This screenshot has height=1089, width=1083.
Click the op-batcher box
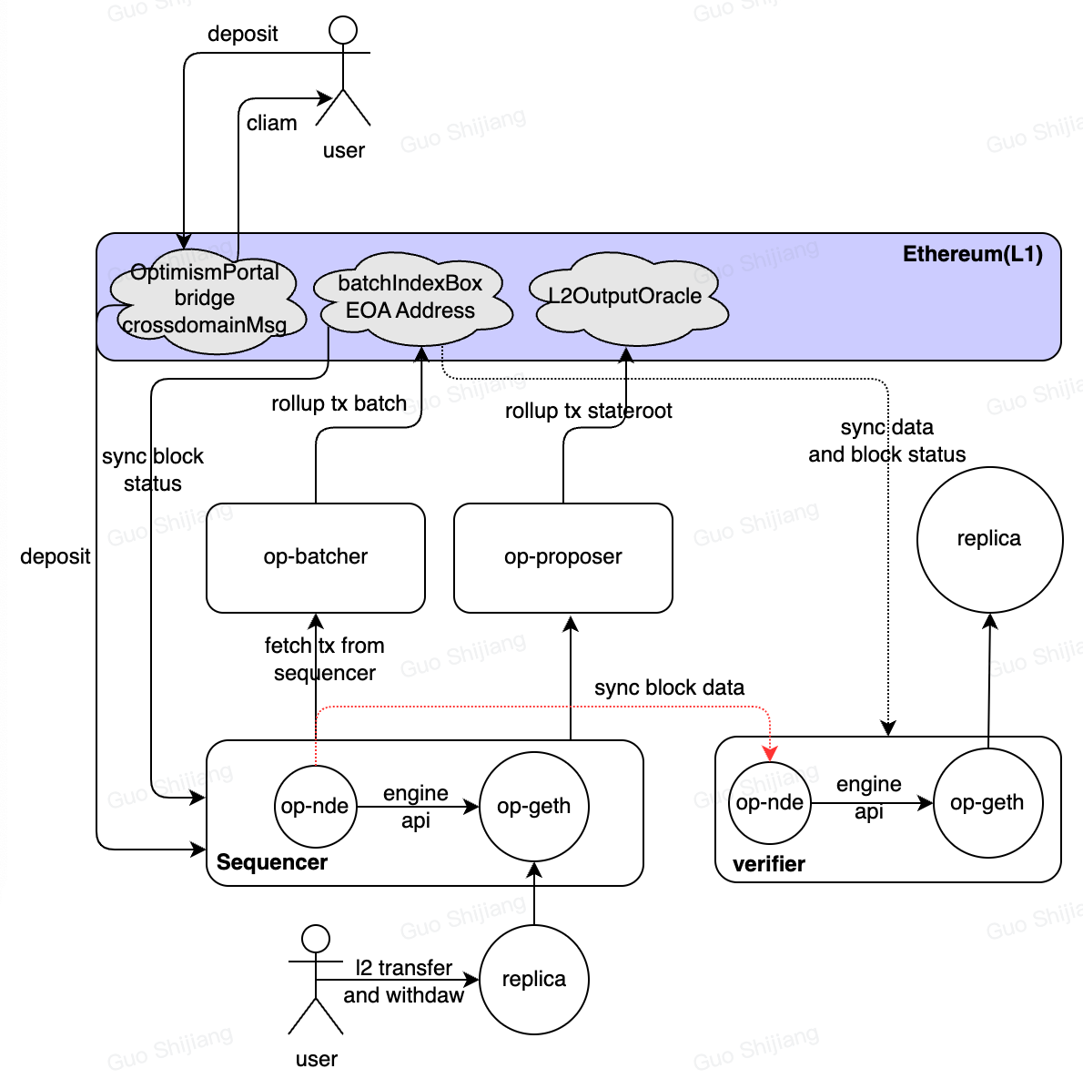(x=315, y=557)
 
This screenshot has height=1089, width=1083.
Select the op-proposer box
(x=562, y=557)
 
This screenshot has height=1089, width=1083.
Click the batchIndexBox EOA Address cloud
(x=411, y=298)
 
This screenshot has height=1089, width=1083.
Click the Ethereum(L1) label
(x=972, y=254)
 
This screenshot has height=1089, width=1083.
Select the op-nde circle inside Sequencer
(x=315, y=806)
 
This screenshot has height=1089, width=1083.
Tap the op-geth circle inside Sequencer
(x=534, y=806)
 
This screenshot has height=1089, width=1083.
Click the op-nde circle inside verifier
(x=770, y=802)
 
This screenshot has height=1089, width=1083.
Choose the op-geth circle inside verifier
(x=987, y=802)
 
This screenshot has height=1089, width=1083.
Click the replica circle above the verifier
(x=989, y=539)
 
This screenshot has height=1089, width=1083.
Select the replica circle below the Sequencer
(x=534, y=979)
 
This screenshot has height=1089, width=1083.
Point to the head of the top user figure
(x=343, y=30)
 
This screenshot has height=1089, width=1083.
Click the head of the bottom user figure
(x=316, y=939)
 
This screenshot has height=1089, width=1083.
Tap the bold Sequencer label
(x=272, y=862)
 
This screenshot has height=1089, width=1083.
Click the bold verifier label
(x=769, y=864)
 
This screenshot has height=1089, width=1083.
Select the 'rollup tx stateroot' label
(x=588, y=411)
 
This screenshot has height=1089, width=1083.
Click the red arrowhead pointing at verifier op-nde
(x=771, y=753)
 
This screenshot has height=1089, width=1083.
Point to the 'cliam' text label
(x=271, y=123)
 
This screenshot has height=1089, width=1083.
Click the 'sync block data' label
(x=669, y=687)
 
